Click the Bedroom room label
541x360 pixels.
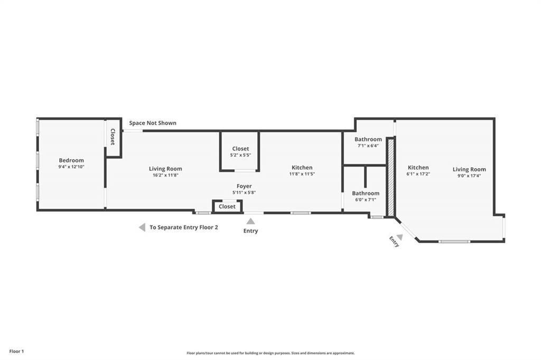pyautogui.click(x=71, y=160)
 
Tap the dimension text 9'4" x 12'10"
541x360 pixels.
pyautogui.click(x=71, y=167)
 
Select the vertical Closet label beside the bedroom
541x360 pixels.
pyautogui.click(x=113, y=137)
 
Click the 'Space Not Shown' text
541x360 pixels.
pyautogui.click(x=153, y=123)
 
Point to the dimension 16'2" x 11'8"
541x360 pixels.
pyautogui.click(x=165, y=175)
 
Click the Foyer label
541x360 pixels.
pyautogui.click(x=244, y=186)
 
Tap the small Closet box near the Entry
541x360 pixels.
pyautogui.click(x=227, y=207)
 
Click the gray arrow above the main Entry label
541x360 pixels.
pyautogui.click(x=250, y=221)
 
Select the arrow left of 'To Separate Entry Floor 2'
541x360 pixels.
pyautogui.click(x=142, y=227)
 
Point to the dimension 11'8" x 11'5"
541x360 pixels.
pyautogui.click(x=302, y=174)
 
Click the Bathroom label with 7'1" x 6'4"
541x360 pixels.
pyautogui.click(x=368, y=140)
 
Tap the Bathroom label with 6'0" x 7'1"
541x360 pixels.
pyautogui.click(x=366, y=193)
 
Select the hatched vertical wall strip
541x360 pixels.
pyautogui.click(x=391, y=177)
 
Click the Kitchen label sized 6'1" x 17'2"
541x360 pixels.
pyautogui.click(x=418, y=168)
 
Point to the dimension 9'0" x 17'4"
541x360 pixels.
pyautogui.click(x=469, y=176)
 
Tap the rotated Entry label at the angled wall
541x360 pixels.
pyautogui.click(x=394, y=242)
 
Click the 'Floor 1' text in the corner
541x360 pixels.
pyautogui.click(x=16, y=351)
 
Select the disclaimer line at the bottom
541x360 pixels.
pyautogui.click(x=270, y=353)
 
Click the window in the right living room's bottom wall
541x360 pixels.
pyautogui.click(x=454, y=242)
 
